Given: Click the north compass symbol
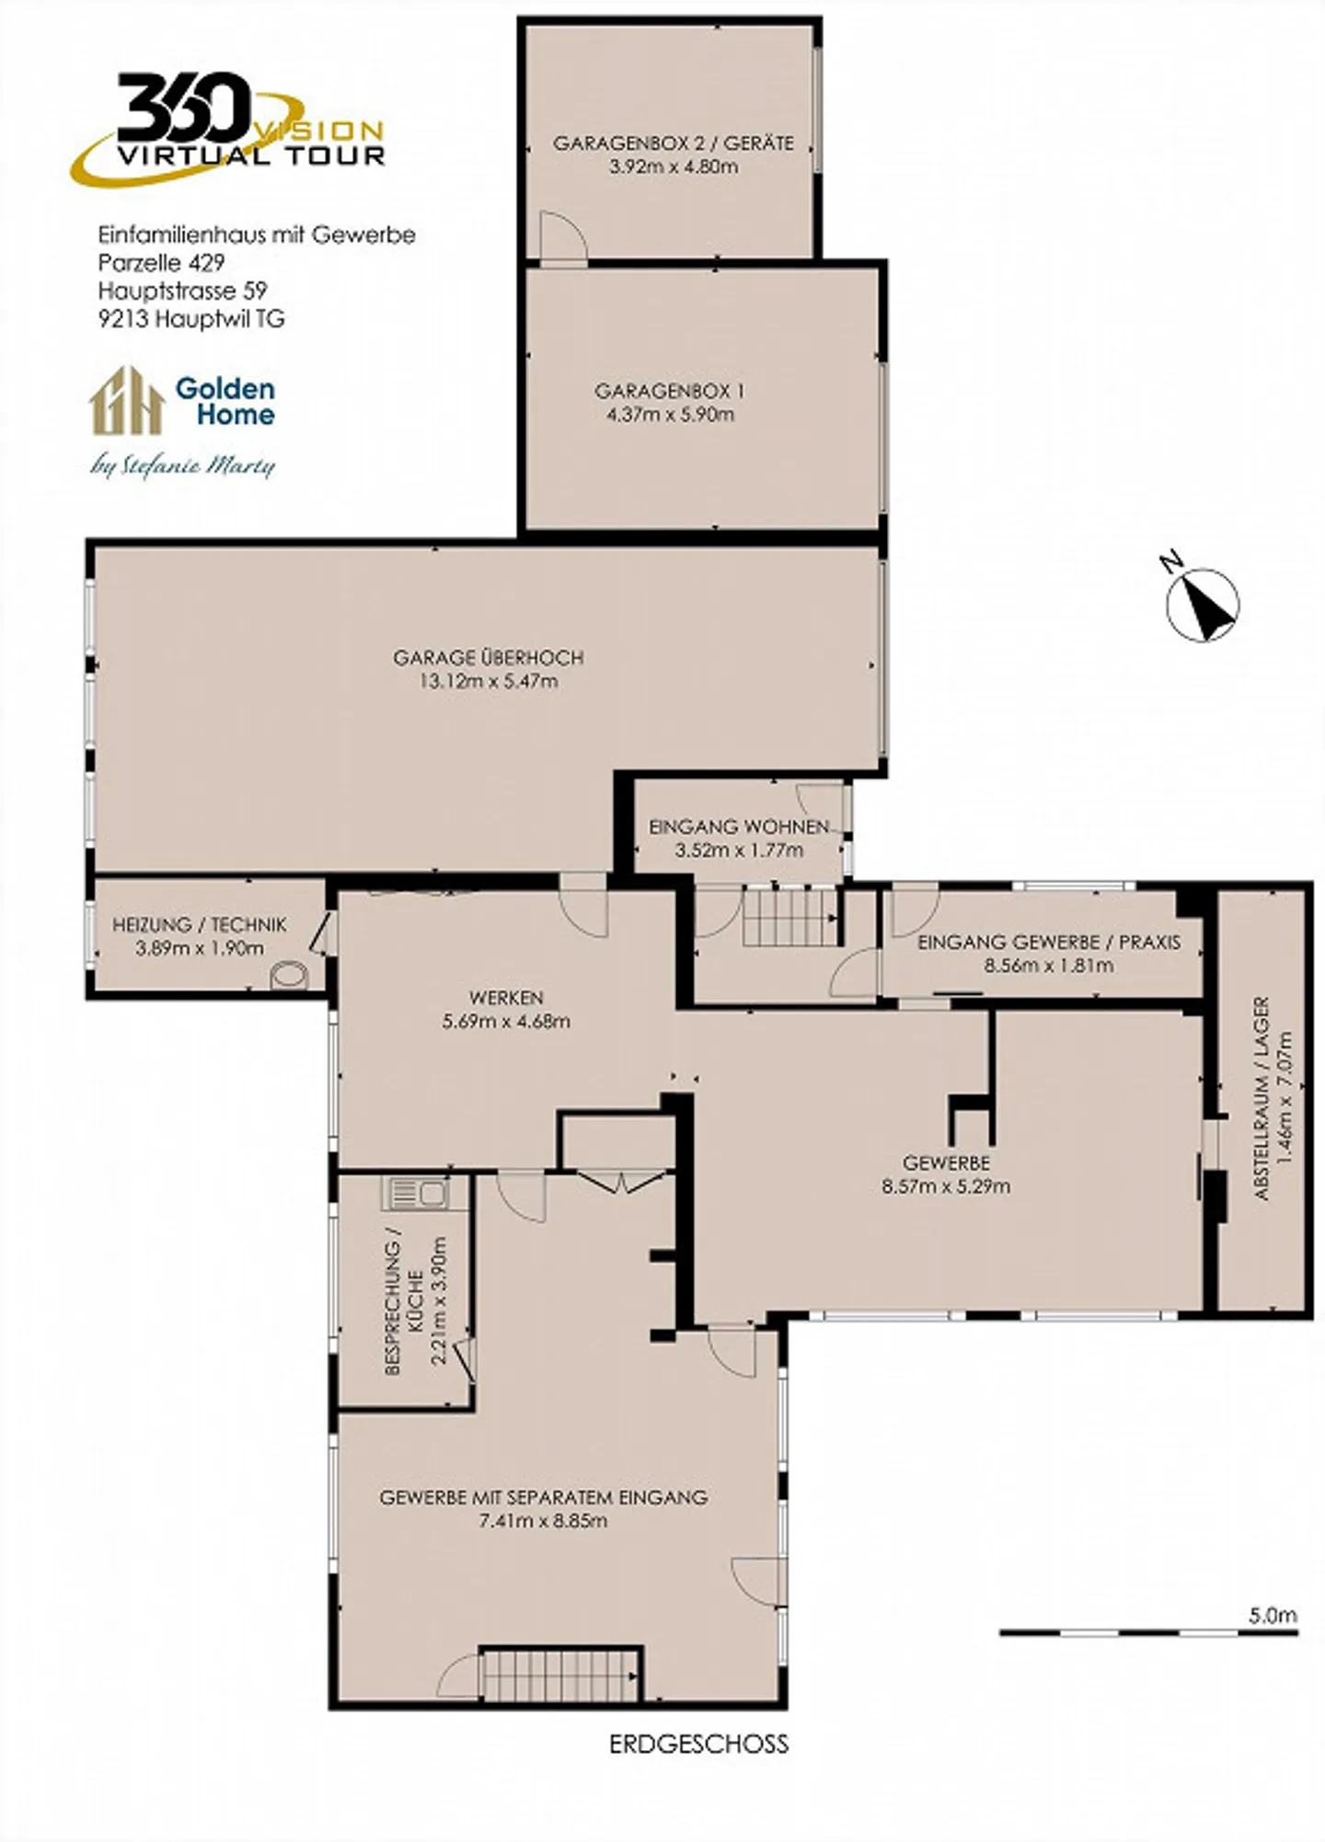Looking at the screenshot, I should [1203, 604].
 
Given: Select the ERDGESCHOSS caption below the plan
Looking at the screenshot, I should [698, 1744].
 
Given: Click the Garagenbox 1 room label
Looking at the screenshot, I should [669, 391].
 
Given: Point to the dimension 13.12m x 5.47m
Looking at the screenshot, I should [488, 681].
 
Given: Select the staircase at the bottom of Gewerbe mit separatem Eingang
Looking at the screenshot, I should [560, 1675].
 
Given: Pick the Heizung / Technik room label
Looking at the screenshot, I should [200, 924].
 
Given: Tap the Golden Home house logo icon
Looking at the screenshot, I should [126, 401].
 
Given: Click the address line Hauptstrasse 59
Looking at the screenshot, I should [182, 291].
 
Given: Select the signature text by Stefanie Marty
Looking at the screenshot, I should [183, 466].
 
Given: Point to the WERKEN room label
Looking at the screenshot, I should [506, 997].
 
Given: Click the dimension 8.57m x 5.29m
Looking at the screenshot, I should [945, 1186].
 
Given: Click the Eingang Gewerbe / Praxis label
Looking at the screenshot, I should [1048, 942].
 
